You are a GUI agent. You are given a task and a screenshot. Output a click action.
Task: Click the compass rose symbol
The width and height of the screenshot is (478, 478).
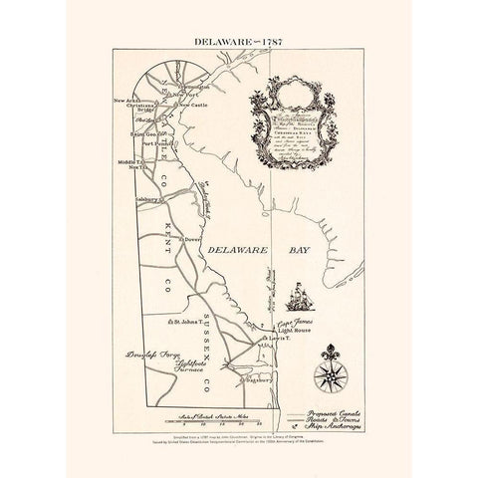pos(328,375)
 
